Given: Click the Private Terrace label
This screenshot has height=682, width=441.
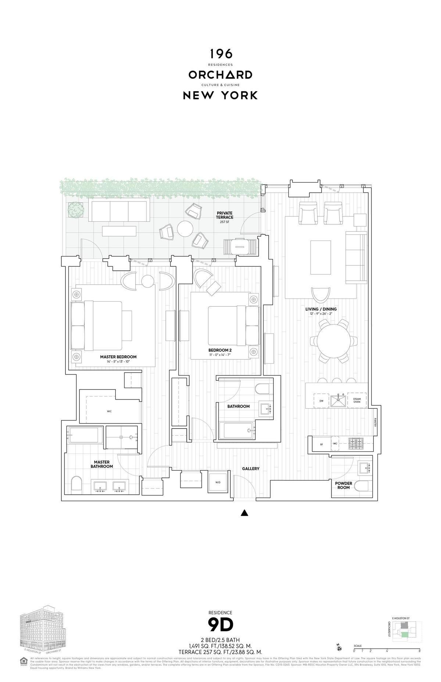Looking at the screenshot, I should pos(225,215).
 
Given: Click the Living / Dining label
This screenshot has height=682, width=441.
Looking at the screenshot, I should pos(321,309).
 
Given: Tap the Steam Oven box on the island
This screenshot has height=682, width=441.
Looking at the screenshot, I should pos(357,401).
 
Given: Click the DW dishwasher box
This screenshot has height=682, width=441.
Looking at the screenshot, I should pos(321,401).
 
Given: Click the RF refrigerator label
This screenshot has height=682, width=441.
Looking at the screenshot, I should pos(321,444).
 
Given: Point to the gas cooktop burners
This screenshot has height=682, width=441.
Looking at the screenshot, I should pos(355,444).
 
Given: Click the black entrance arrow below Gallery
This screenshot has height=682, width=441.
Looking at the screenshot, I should pos(244,513).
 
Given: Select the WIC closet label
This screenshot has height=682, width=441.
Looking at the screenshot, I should pos(109,411).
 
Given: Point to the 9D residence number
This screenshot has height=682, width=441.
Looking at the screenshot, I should pos(220,624).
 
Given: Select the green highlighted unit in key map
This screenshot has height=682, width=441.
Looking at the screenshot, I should pos(404,634).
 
